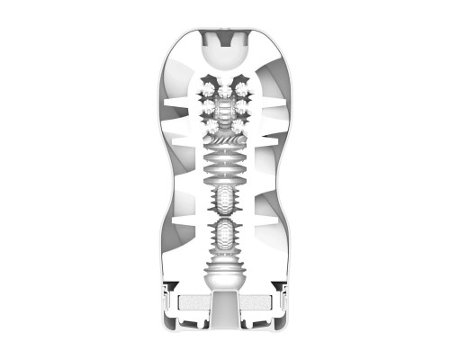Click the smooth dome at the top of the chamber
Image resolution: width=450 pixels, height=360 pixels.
click(x=225, y=57)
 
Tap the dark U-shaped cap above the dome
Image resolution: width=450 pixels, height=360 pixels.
click(x=225, y=37)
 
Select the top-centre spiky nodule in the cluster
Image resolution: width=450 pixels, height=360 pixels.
click(x=225, y=91)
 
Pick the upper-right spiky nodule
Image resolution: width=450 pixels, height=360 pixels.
click(x=242, y=90)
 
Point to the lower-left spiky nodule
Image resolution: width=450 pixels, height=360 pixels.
click(x=209, y=123)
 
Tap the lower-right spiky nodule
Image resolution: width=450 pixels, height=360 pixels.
click(x=241, y=123)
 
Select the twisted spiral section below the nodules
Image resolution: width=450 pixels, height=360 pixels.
click(x=225, y=141)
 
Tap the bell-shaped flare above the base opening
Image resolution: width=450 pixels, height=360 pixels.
click(x=225, y=270)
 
